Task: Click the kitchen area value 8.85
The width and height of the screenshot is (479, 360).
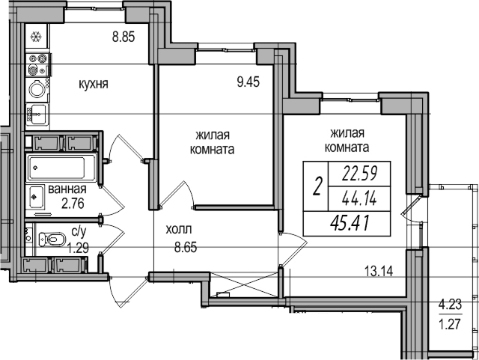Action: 123,37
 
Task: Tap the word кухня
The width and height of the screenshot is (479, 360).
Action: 94,83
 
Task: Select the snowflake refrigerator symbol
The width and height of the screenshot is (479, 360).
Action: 36,37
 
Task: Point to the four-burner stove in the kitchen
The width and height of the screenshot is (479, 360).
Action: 38,64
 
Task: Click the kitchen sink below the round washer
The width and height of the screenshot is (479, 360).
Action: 37,114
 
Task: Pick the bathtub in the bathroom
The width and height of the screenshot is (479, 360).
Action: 56,168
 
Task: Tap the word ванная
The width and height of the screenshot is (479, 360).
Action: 67,189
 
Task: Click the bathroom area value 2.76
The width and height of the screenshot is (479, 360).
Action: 73,204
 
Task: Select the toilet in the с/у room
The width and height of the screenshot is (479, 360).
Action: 52,239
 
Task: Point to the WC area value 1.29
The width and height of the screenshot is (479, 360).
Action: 78,248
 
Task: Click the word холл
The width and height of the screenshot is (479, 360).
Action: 179,229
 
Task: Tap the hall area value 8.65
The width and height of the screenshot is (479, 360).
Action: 186,247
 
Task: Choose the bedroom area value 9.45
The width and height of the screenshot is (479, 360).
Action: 248,82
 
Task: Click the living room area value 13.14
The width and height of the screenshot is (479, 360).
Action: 379,271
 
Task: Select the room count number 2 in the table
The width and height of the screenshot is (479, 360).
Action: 317,186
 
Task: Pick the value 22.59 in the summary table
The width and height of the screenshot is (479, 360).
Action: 359,174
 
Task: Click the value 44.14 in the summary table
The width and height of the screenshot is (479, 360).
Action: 359,199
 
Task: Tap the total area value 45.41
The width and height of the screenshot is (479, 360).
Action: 350,223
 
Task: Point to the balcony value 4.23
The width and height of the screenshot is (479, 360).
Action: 450,305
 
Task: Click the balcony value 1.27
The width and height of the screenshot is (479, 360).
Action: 449,323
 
